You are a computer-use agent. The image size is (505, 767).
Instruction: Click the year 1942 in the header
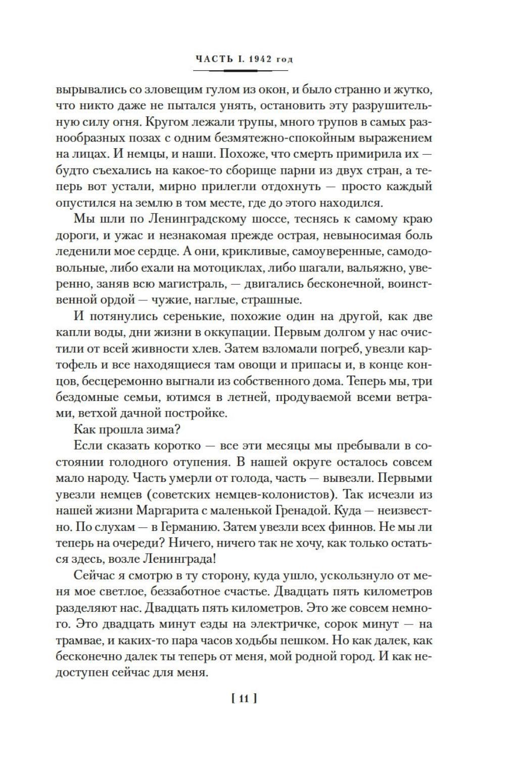tap(261, 59)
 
